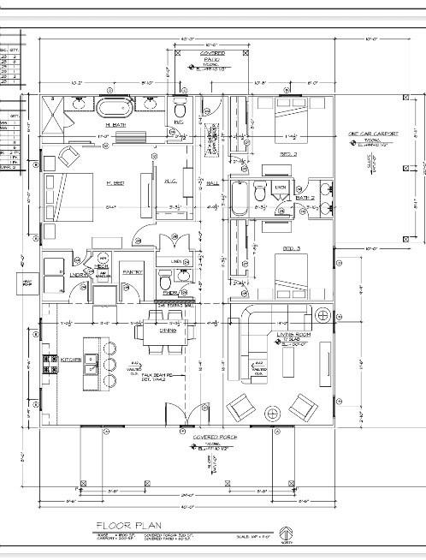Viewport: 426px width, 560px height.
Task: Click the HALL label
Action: coord(213,182)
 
